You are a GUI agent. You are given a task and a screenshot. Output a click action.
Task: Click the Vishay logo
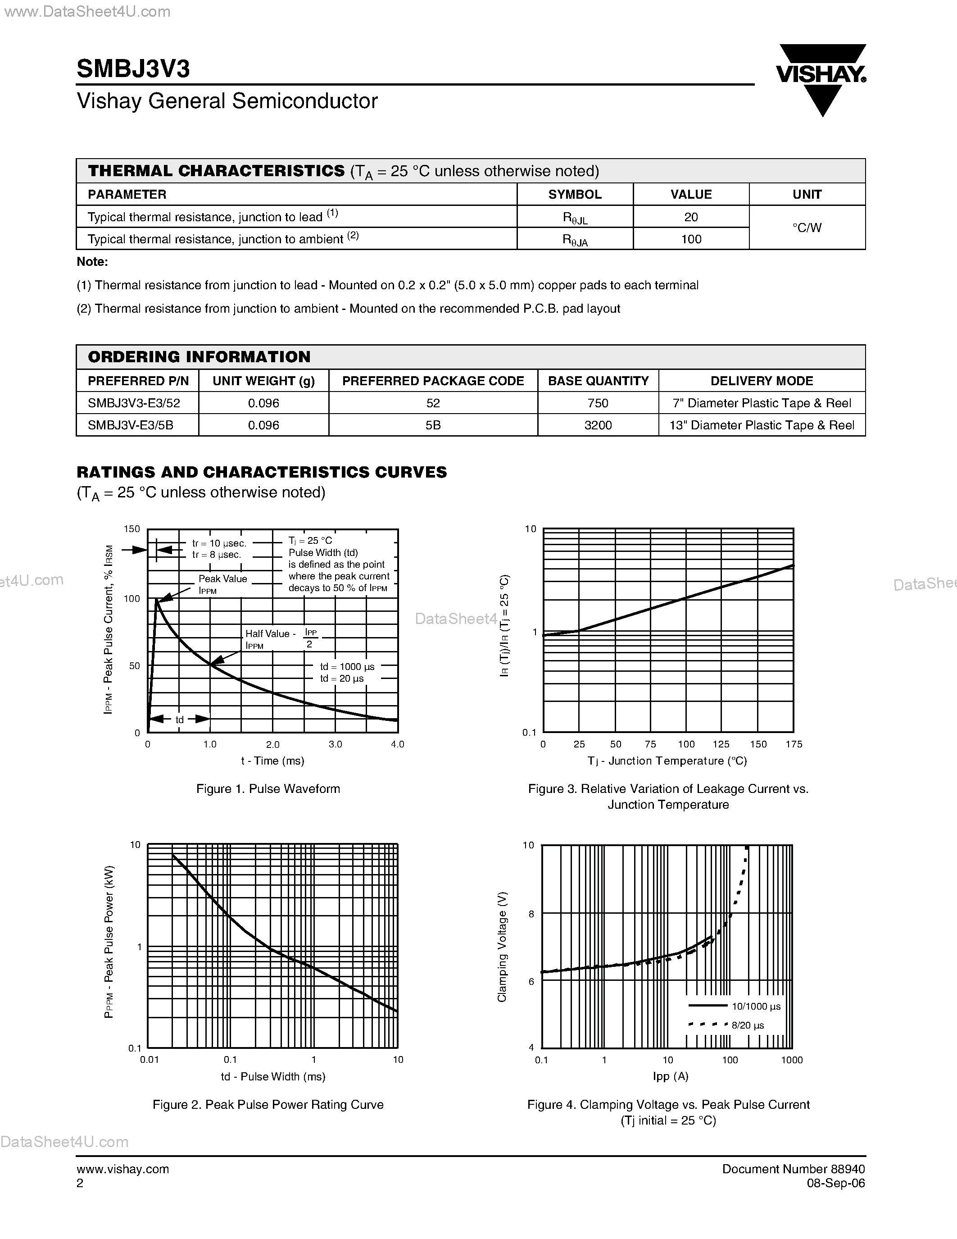(821, 79)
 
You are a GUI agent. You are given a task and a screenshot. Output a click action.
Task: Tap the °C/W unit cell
(806, 228)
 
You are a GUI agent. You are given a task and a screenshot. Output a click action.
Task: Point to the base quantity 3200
(598, 425)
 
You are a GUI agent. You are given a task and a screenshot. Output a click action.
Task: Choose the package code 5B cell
(433, 425)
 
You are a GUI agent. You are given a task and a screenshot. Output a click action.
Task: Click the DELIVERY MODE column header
(762, 381)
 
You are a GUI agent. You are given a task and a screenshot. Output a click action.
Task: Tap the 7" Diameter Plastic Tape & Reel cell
(762, 403)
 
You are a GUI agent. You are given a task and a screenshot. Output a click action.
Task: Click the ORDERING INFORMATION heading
(199, 357)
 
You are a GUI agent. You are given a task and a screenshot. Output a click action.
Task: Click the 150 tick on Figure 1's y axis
(132, 529)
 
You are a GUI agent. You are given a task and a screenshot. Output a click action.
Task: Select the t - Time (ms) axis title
(273, 761)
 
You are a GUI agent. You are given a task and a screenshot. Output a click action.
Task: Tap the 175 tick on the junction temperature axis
(794, 744)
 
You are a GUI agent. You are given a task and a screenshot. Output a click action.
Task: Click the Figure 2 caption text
(268, 1105)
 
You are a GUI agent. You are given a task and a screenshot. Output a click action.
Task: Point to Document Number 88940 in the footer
(793, 1169)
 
